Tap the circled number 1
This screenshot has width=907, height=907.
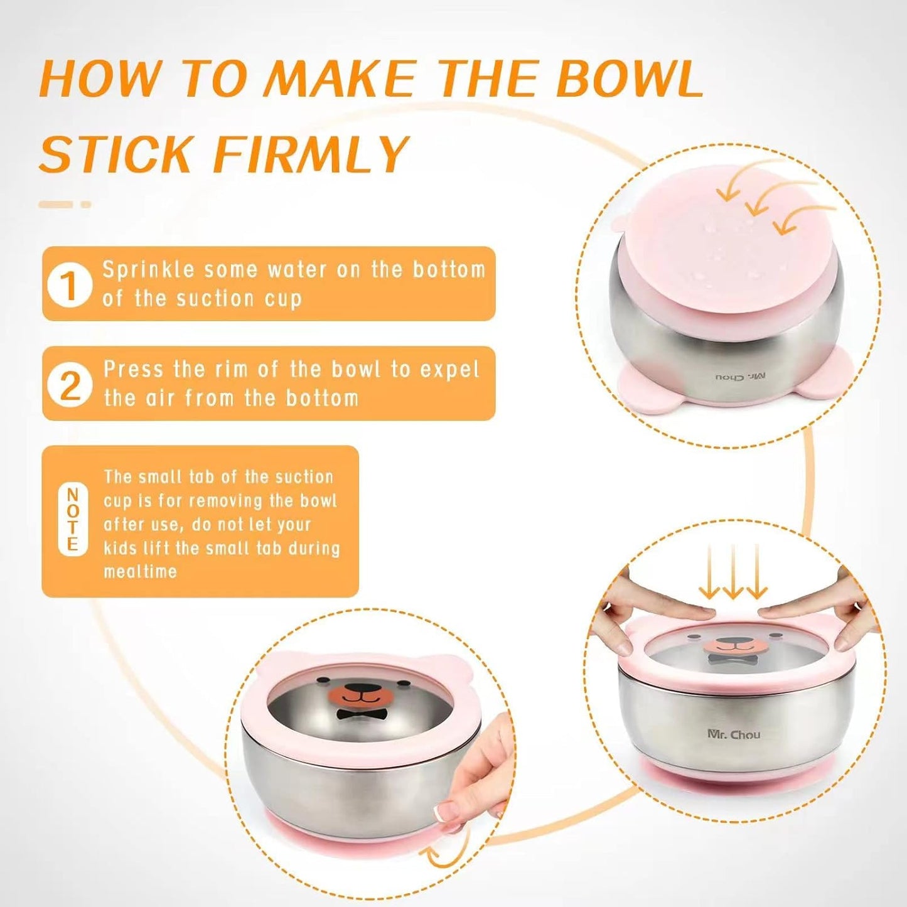point(69,284)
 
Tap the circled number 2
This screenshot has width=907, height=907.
point(69,384)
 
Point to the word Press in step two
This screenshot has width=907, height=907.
point(134,370)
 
